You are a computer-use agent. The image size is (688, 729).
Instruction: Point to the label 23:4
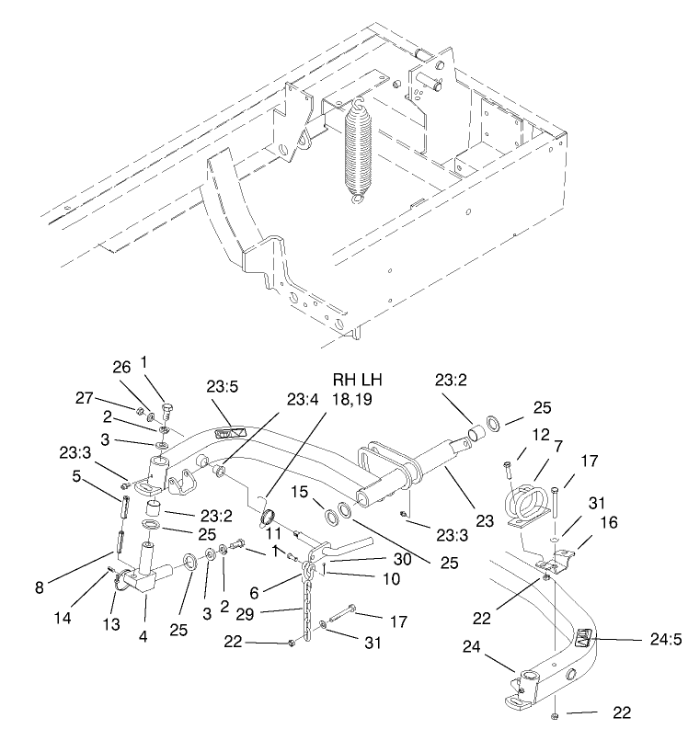[x=303, y=400]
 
